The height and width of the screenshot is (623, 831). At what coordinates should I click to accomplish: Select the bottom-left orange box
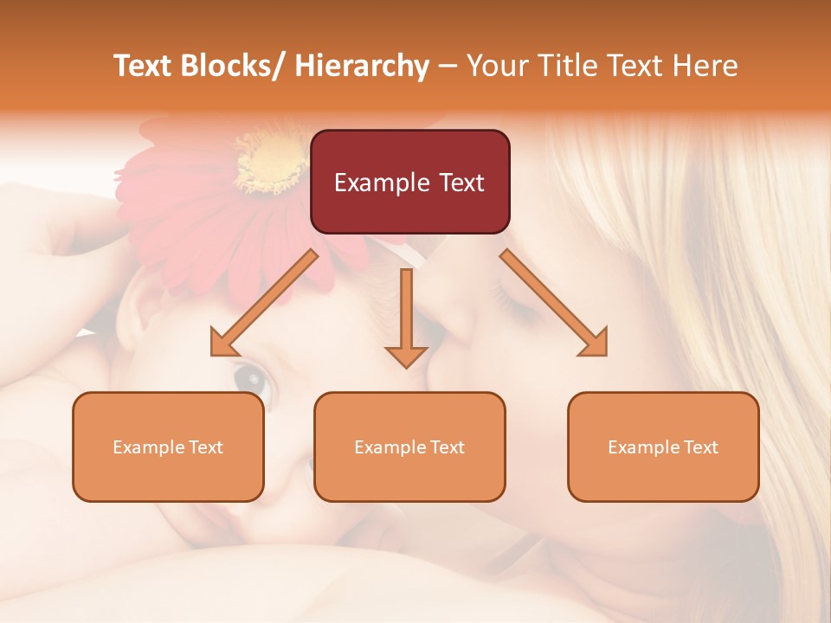pos(168,447)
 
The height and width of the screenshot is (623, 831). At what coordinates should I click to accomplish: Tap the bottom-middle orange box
pos(409,447)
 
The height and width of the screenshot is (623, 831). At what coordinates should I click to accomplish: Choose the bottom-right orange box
pos(663,447)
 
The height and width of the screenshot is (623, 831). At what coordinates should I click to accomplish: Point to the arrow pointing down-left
pos(264,304)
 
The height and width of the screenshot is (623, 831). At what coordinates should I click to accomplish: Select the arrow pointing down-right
pos(554,304)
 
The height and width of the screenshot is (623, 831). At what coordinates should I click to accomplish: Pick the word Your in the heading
pos(495,67)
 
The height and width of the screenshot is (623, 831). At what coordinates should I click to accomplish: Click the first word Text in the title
pos(145,67)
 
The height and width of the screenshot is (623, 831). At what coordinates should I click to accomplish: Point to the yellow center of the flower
pos(271,162)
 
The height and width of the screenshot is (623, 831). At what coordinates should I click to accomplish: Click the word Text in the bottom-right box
pos(699,447)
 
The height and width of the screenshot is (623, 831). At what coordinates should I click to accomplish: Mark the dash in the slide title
pos(448,67)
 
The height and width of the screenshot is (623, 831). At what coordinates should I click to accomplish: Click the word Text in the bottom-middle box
pos(446,447)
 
